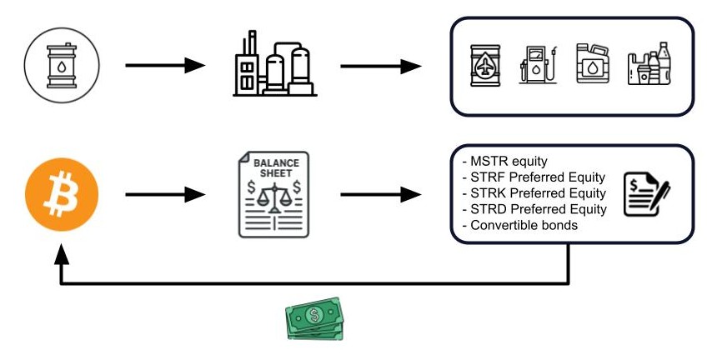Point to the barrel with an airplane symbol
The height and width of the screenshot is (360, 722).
click(486, 65)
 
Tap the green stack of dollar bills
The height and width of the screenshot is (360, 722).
click(314, 320)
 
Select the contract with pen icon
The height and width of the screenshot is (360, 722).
click(647, 192)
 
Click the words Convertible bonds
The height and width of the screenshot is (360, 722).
click(517, 225)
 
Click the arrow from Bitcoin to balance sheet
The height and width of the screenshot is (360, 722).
click(164, 195)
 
